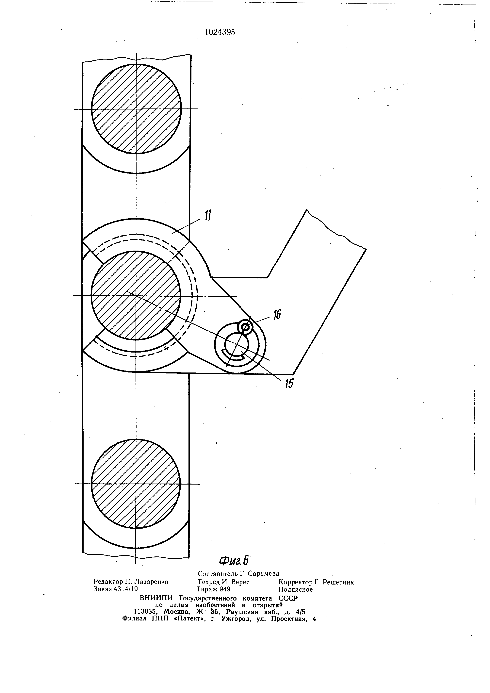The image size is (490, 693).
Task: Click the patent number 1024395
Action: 220,32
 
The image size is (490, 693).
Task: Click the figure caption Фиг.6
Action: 234,560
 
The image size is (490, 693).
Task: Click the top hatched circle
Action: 136,109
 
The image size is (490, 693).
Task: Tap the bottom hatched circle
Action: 136,484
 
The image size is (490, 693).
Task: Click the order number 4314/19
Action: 126,589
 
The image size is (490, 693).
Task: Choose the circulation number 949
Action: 225,589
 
